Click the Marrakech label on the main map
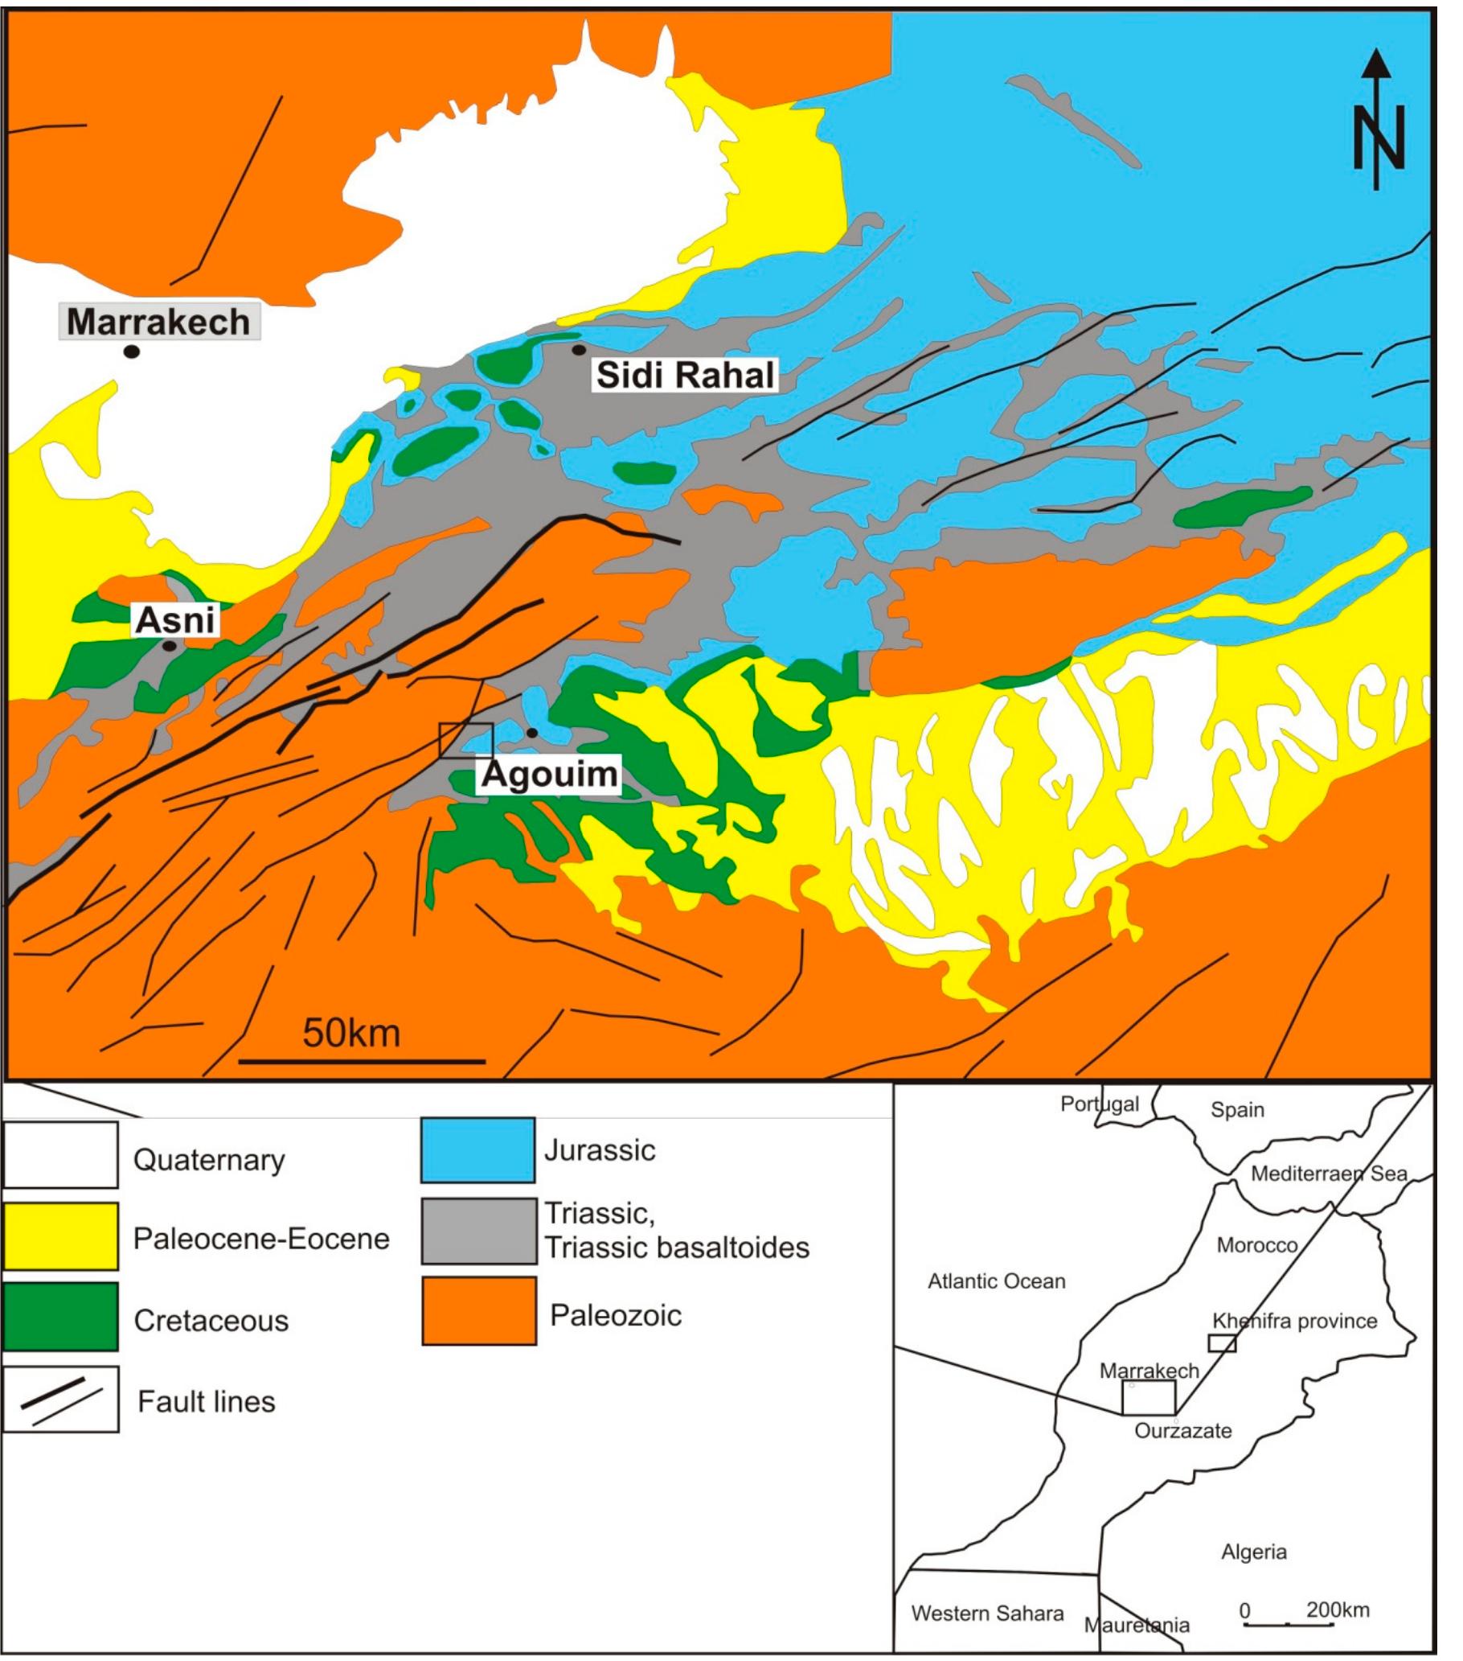pyautogui.click(x=158, y=322)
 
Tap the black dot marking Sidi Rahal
pyautogui.click(x=579, y=350)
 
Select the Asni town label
pyautogui.click(x=175, y=620)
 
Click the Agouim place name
pyautogui.click(x=550, y=774)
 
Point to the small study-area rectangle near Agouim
pyautogui.click(x=465, y=740)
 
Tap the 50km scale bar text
pyautogui.click(x=351, y=1034)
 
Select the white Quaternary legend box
pyautogui.click(x=60, y=1155)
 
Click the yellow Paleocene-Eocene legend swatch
pyautogui.click(x=60, y=1236)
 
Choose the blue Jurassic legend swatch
pyautogui.click(x=477, y=1150)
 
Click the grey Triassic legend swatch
pyautogui.click(x=478, y=1231)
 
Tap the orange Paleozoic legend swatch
pyautogui.click(x=478, y=1311)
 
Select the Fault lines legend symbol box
pyautogui.click(x=60, y=1399)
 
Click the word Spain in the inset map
pyautogui.click(x=1236, y=1110)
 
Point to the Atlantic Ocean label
pyautogui.click(x=996, y=1281)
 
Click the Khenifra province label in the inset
pyautogui.click(x=1295, y=1322)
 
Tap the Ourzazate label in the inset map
pyautogui.click(x=1182, y=1431)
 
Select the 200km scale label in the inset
pyautogui.click(x=1337, y=1610)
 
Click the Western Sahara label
pyautogui.click(x=987, y=1614)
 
